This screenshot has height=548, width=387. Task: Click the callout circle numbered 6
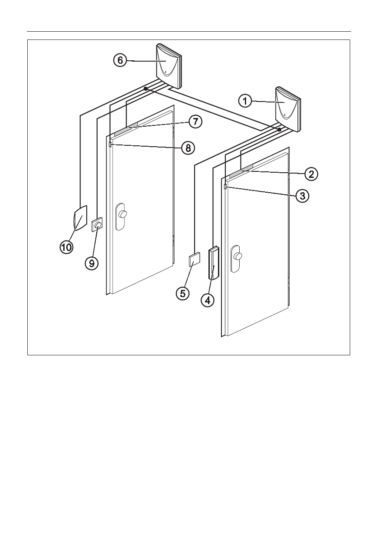[x=120, y=60]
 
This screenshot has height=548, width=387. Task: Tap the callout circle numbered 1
[x=245, y=101]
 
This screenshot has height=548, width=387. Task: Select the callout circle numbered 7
[x=195, y=121]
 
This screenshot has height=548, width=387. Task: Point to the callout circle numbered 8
[x=188, y=148]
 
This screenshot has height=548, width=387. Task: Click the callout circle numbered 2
[x=311, y=174]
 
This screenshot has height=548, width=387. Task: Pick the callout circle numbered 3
[x=302, y=196]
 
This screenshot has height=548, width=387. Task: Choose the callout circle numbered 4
[x=208, y=300]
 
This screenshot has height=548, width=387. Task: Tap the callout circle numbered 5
[x=183, y=293]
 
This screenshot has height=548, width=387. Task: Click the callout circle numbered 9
[x=91, y=263]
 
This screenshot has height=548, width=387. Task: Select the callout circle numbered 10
[x=66, y=247]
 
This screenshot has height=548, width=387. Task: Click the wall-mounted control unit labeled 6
[x=169, y=66]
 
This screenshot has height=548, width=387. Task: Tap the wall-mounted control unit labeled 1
[x=288, y=109]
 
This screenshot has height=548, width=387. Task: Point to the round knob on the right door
[x=237, y=256]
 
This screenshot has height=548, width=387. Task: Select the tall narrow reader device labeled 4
[x=214, y=263]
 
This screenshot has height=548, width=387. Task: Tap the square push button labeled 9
[x=97, y=224]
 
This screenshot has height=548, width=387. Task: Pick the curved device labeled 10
[x=80, y=218]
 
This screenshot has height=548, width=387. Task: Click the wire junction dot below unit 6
[x=146, y=89]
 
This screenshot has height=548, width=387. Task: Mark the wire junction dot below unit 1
[x=280, y=129]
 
